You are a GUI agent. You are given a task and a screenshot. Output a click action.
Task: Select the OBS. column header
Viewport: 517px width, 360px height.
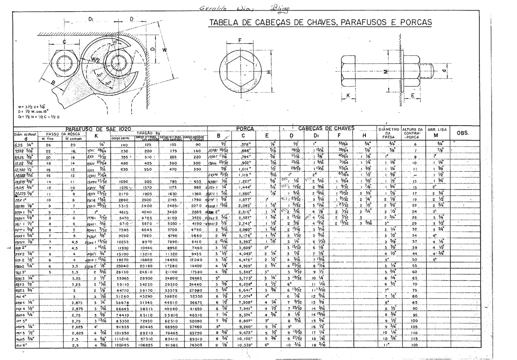pos(462,133)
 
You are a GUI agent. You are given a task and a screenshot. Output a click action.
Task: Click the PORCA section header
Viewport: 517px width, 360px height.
pos(244,129)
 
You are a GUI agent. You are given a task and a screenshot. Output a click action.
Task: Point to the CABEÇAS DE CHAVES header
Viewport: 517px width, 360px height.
pos(326,128)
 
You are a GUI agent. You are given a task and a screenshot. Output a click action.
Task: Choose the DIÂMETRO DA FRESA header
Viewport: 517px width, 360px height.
pos(389,133)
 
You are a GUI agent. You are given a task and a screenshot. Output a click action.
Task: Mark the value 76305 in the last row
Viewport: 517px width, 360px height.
pos(196,346)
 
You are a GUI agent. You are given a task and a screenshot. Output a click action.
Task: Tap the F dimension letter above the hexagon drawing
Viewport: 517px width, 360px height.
pos(239,40)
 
